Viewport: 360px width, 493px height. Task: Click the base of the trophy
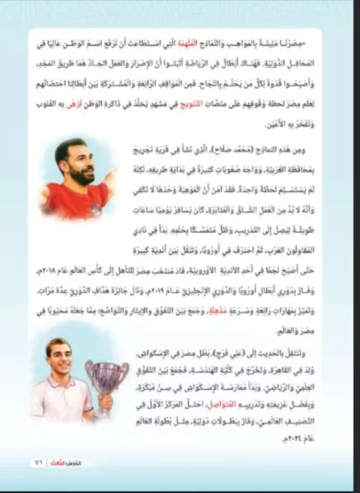click(108, 416)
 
